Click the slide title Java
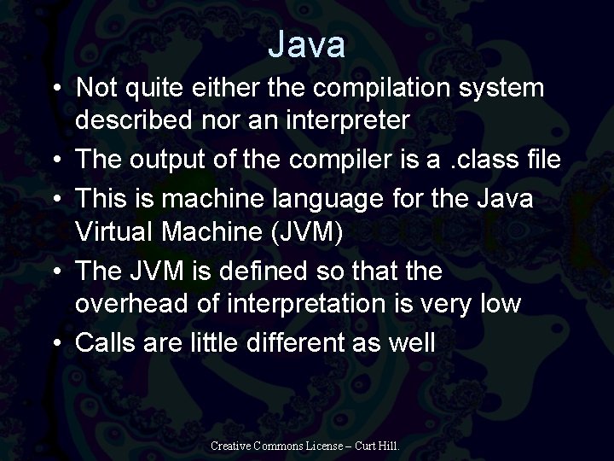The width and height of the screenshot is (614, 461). coord(306,44)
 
